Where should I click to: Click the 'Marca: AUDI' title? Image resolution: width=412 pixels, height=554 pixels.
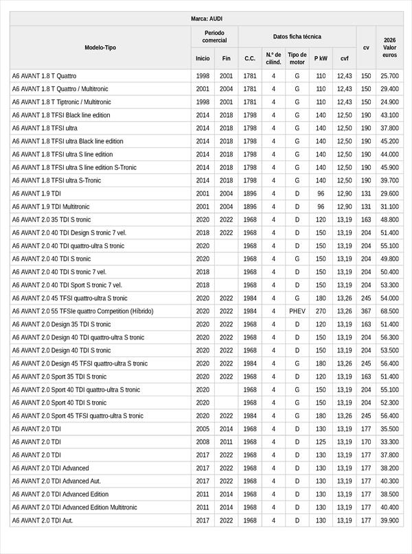(x=206, y=19)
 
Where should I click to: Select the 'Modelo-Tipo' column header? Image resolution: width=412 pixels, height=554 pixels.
(x=100, y=47)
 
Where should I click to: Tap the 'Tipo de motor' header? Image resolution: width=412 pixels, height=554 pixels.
(x=297, y=58)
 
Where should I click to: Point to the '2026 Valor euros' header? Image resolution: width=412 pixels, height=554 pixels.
(x=390, y=47)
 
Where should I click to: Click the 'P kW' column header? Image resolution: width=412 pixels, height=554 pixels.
(x=321, y=58)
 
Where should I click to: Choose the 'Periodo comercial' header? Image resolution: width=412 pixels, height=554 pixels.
(x=214, y=36)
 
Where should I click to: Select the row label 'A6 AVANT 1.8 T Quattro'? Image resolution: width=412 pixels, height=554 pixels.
(x=45, y=76)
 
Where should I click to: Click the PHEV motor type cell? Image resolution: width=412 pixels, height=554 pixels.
(x=297, y=311)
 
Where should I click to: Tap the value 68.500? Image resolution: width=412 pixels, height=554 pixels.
(x=390, y=311)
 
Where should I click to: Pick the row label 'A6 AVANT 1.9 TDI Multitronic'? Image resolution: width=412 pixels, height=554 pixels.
(x=51, y=206)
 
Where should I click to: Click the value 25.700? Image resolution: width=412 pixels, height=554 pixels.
(x=390, y=76)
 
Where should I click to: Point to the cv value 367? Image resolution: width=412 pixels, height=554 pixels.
(x=366, y=311)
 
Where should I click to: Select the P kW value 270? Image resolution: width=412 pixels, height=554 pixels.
(x=321, y=311)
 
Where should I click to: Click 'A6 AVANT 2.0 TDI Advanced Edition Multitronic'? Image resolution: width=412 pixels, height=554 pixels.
(x=74, y=507)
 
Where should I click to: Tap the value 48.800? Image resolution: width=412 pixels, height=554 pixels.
(x=390, y=219)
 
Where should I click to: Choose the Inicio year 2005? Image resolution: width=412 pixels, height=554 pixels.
(x=203, y=429)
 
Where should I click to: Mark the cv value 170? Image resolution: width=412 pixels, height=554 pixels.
(x=366, y=442)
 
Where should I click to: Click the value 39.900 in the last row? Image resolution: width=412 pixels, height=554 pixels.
(x=390, y=520)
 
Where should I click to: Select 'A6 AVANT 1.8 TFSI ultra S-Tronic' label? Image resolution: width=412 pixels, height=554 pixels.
(x=56, y=180)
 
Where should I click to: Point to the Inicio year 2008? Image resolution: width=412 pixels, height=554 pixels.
(x=203, y=442)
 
